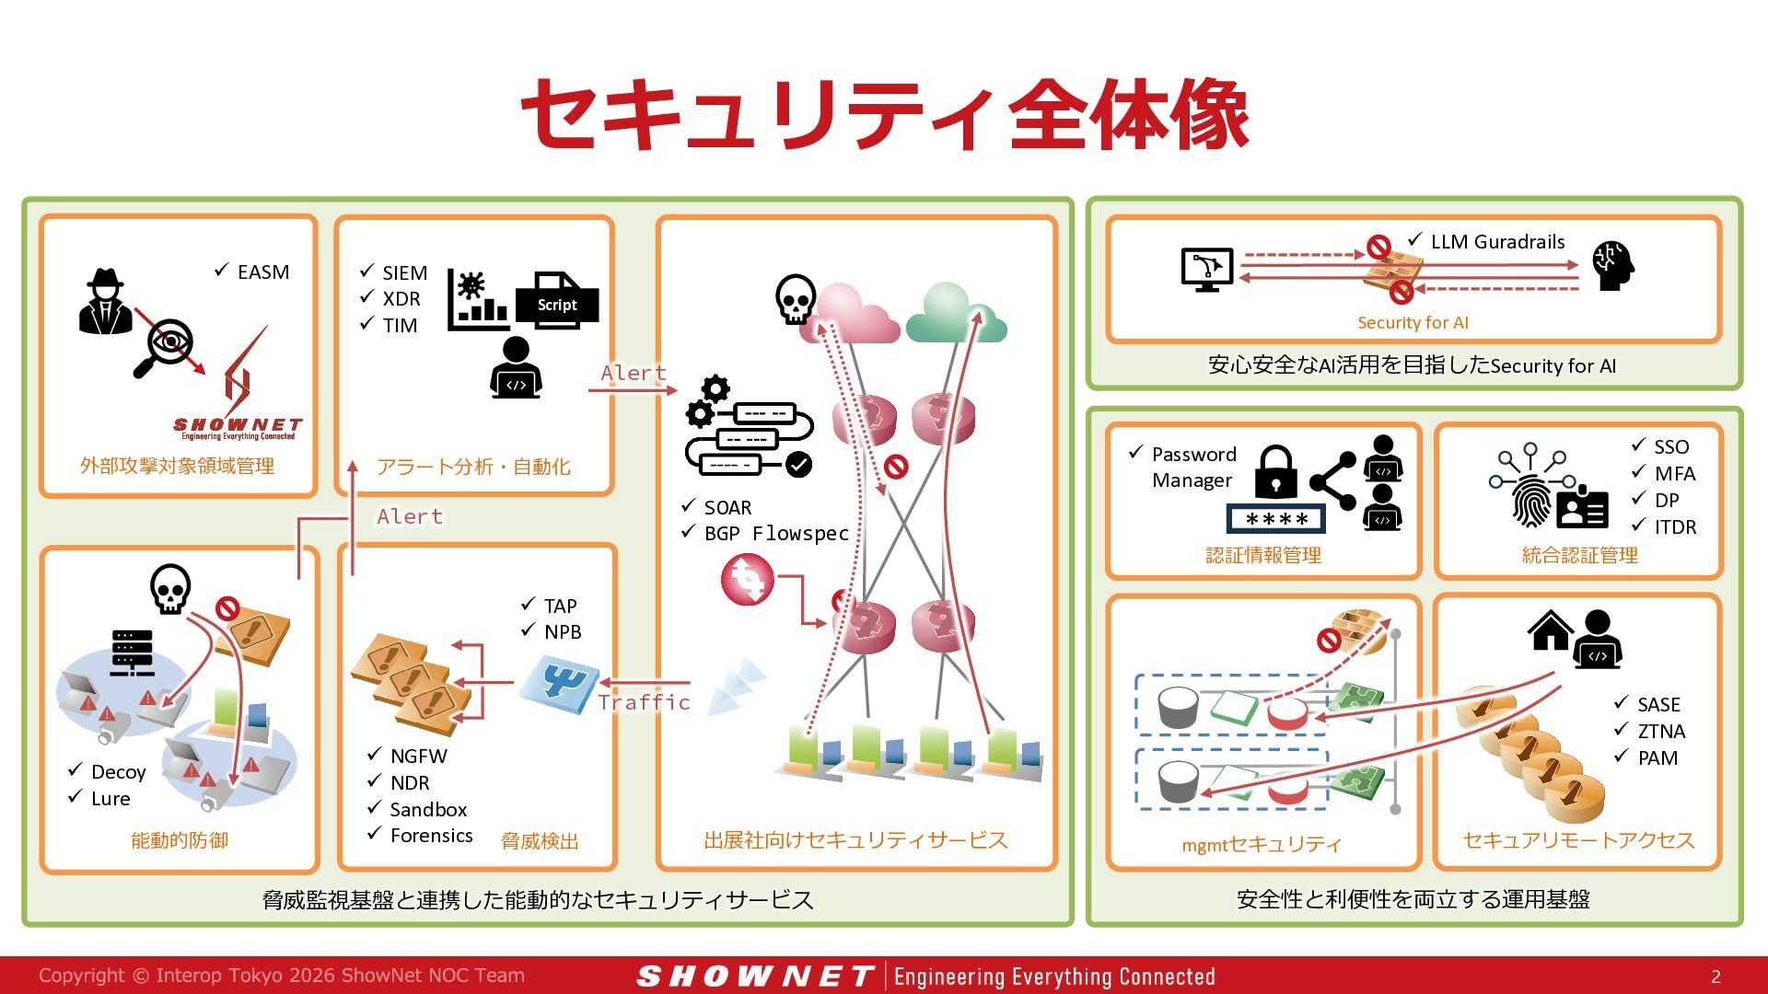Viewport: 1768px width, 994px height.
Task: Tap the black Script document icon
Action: coord(557,300)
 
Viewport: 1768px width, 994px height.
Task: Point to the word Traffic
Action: coord(644,702)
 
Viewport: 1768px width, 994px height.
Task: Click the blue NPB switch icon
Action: coord(558,685)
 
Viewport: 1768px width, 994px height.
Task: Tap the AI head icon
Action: coord(1613,265)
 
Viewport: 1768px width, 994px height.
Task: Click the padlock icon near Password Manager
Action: coord(1276,472)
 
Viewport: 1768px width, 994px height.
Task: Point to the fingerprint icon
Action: coord(1530,501)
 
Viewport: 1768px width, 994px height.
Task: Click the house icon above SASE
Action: coord(1550,630)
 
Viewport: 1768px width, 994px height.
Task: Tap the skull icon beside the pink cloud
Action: coord(795,299)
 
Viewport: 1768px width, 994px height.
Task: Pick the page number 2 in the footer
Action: coord(1716,977)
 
